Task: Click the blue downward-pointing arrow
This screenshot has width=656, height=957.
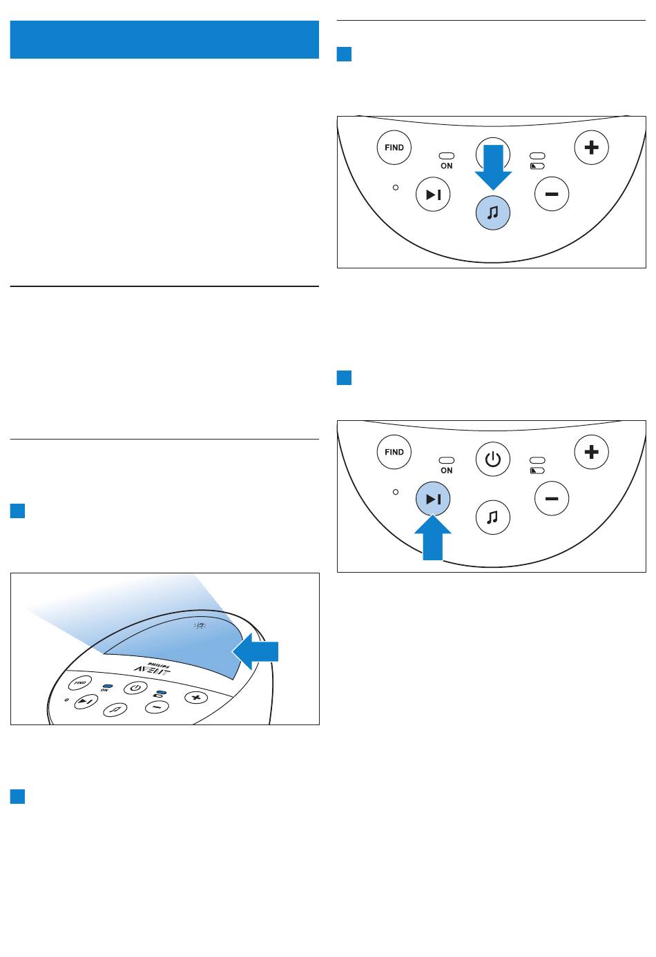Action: (x=493, y=167)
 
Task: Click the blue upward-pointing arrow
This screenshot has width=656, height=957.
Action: (x=433, y=537)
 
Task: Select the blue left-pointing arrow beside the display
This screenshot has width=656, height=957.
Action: (x=255, y=651)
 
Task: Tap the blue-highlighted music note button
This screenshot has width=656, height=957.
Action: (x=492, y=213)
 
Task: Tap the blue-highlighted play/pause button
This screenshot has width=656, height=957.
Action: (x=433, y=499)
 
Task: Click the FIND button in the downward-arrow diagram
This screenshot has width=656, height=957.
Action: (x=394, y=148)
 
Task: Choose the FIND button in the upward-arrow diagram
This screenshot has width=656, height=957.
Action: (x=394, y=452)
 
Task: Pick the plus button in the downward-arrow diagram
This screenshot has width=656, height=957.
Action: (x=591, y=148)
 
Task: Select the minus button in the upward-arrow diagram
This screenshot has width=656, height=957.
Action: (x=552, y=499)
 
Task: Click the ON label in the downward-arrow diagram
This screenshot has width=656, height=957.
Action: (x=447, y=166)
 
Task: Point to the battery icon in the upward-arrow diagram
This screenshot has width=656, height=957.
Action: (x=537, y=471)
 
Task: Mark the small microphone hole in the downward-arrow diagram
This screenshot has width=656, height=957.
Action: (x=396, y=188)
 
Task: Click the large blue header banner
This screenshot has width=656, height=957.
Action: (x=164, y=39)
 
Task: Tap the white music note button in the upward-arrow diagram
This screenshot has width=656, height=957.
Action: (x=492, y=517)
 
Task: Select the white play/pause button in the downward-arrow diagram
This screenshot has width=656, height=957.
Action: (x=433, y=195)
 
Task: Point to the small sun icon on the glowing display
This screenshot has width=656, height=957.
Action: (x=200, y=626)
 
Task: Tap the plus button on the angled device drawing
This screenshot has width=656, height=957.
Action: (x=196, y=698)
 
